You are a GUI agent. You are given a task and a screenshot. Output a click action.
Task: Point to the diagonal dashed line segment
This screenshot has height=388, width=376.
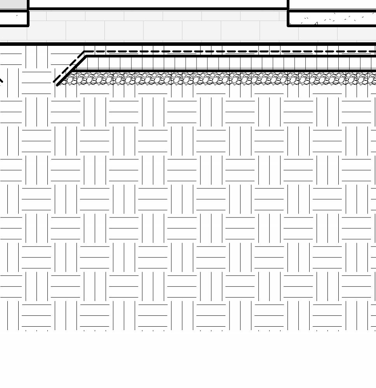pos(69,67)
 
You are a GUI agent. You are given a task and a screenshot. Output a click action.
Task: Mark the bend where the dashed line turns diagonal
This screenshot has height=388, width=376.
pos(84,52)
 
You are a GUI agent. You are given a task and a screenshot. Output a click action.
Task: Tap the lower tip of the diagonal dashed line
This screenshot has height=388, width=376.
pos(54,82)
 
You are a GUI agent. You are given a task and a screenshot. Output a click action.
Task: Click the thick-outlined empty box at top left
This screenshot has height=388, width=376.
pos(14,18)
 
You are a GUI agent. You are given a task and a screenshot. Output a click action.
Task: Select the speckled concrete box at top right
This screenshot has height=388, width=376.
pos(332,18)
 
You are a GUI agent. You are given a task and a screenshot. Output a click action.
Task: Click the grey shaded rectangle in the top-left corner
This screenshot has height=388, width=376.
pos(13,4)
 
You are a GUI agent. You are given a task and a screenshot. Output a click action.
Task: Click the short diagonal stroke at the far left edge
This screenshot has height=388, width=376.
pos(1,80)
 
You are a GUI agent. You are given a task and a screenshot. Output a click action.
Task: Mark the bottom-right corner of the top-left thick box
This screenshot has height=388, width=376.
pos(28,26)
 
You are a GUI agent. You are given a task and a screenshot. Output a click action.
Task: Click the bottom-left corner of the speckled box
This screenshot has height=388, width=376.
pos(288,26)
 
